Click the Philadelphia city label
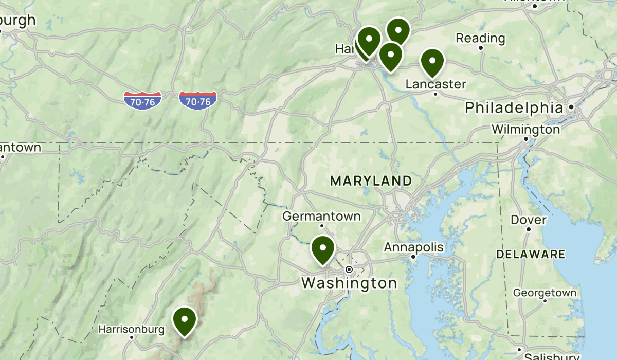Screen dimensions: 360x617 click(x=514, y=108)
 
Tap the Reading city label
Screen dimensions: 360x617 click(x=480, y=38)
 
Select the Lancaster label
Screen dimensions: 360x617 click(x=435, y=84)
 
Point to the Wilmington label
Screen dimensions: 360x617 click(x=525, y=129)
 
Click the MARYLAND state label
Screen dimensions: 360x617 click(x=371, y=181)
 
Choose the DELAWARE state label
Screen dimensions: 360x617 click(x=531, y=254)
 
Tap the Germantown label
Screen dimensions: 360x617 click(x=321, y=216)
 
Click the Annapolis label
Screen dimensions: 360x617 click(x=413, y=247)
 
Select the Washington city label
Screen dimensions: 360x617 click(x=349, y=283)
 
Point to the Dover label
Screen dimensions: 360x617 click(x=528, y=220)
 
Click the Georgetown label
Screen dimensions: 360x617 click(x=545, y=293)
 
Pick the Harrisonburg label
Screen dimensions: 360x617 click(x=131, y=329)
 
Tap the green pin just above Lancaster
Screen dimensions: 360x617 click(x=432, y=61)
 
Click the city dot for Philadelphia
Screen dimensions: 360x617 click(x=571, y=107)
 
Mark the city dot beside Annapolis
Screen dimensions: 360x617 click(x=413, y=256)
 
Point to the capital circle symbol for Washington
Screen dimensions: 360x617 click(x=349, y=269)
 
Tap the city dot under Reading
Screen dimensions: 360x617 click(x=481, y=48)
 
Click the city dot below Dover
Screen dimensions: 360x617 click(x=528, y=229)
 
